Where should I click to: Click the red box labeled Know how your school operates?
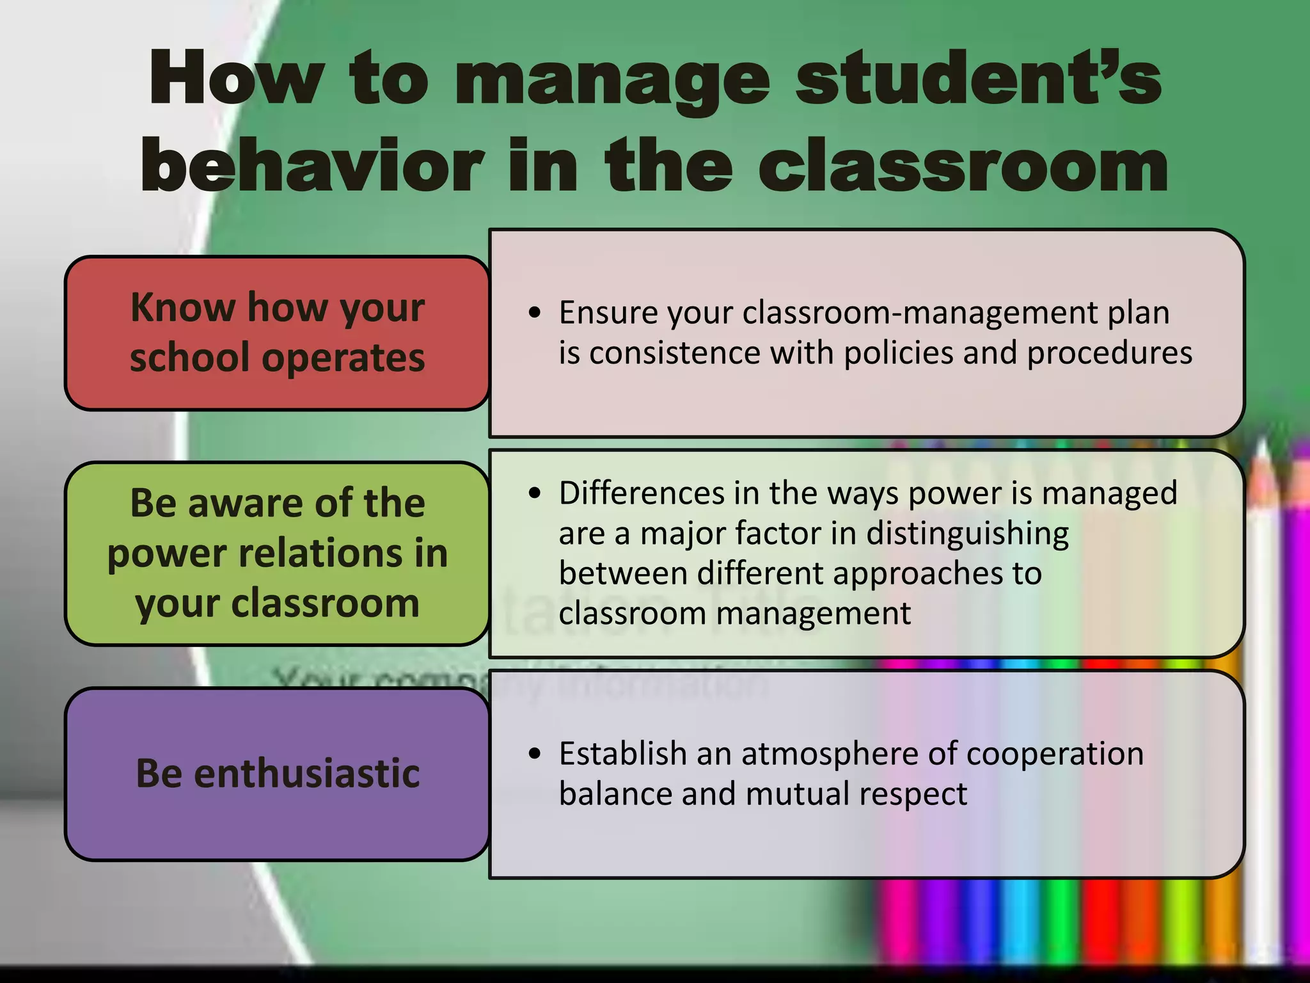(x=277, y=332)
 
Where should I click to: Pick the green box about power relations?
(x=277, y=553)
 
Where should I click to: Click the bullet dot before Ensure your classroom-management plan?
(x=535, y=313)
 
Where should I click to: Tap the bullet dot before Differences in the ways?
(x=535, y=493)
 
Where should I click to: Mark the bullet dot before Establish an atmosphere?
(x=535, y=753)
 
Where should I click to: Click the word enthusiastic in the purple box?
(x=306, y=773)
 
